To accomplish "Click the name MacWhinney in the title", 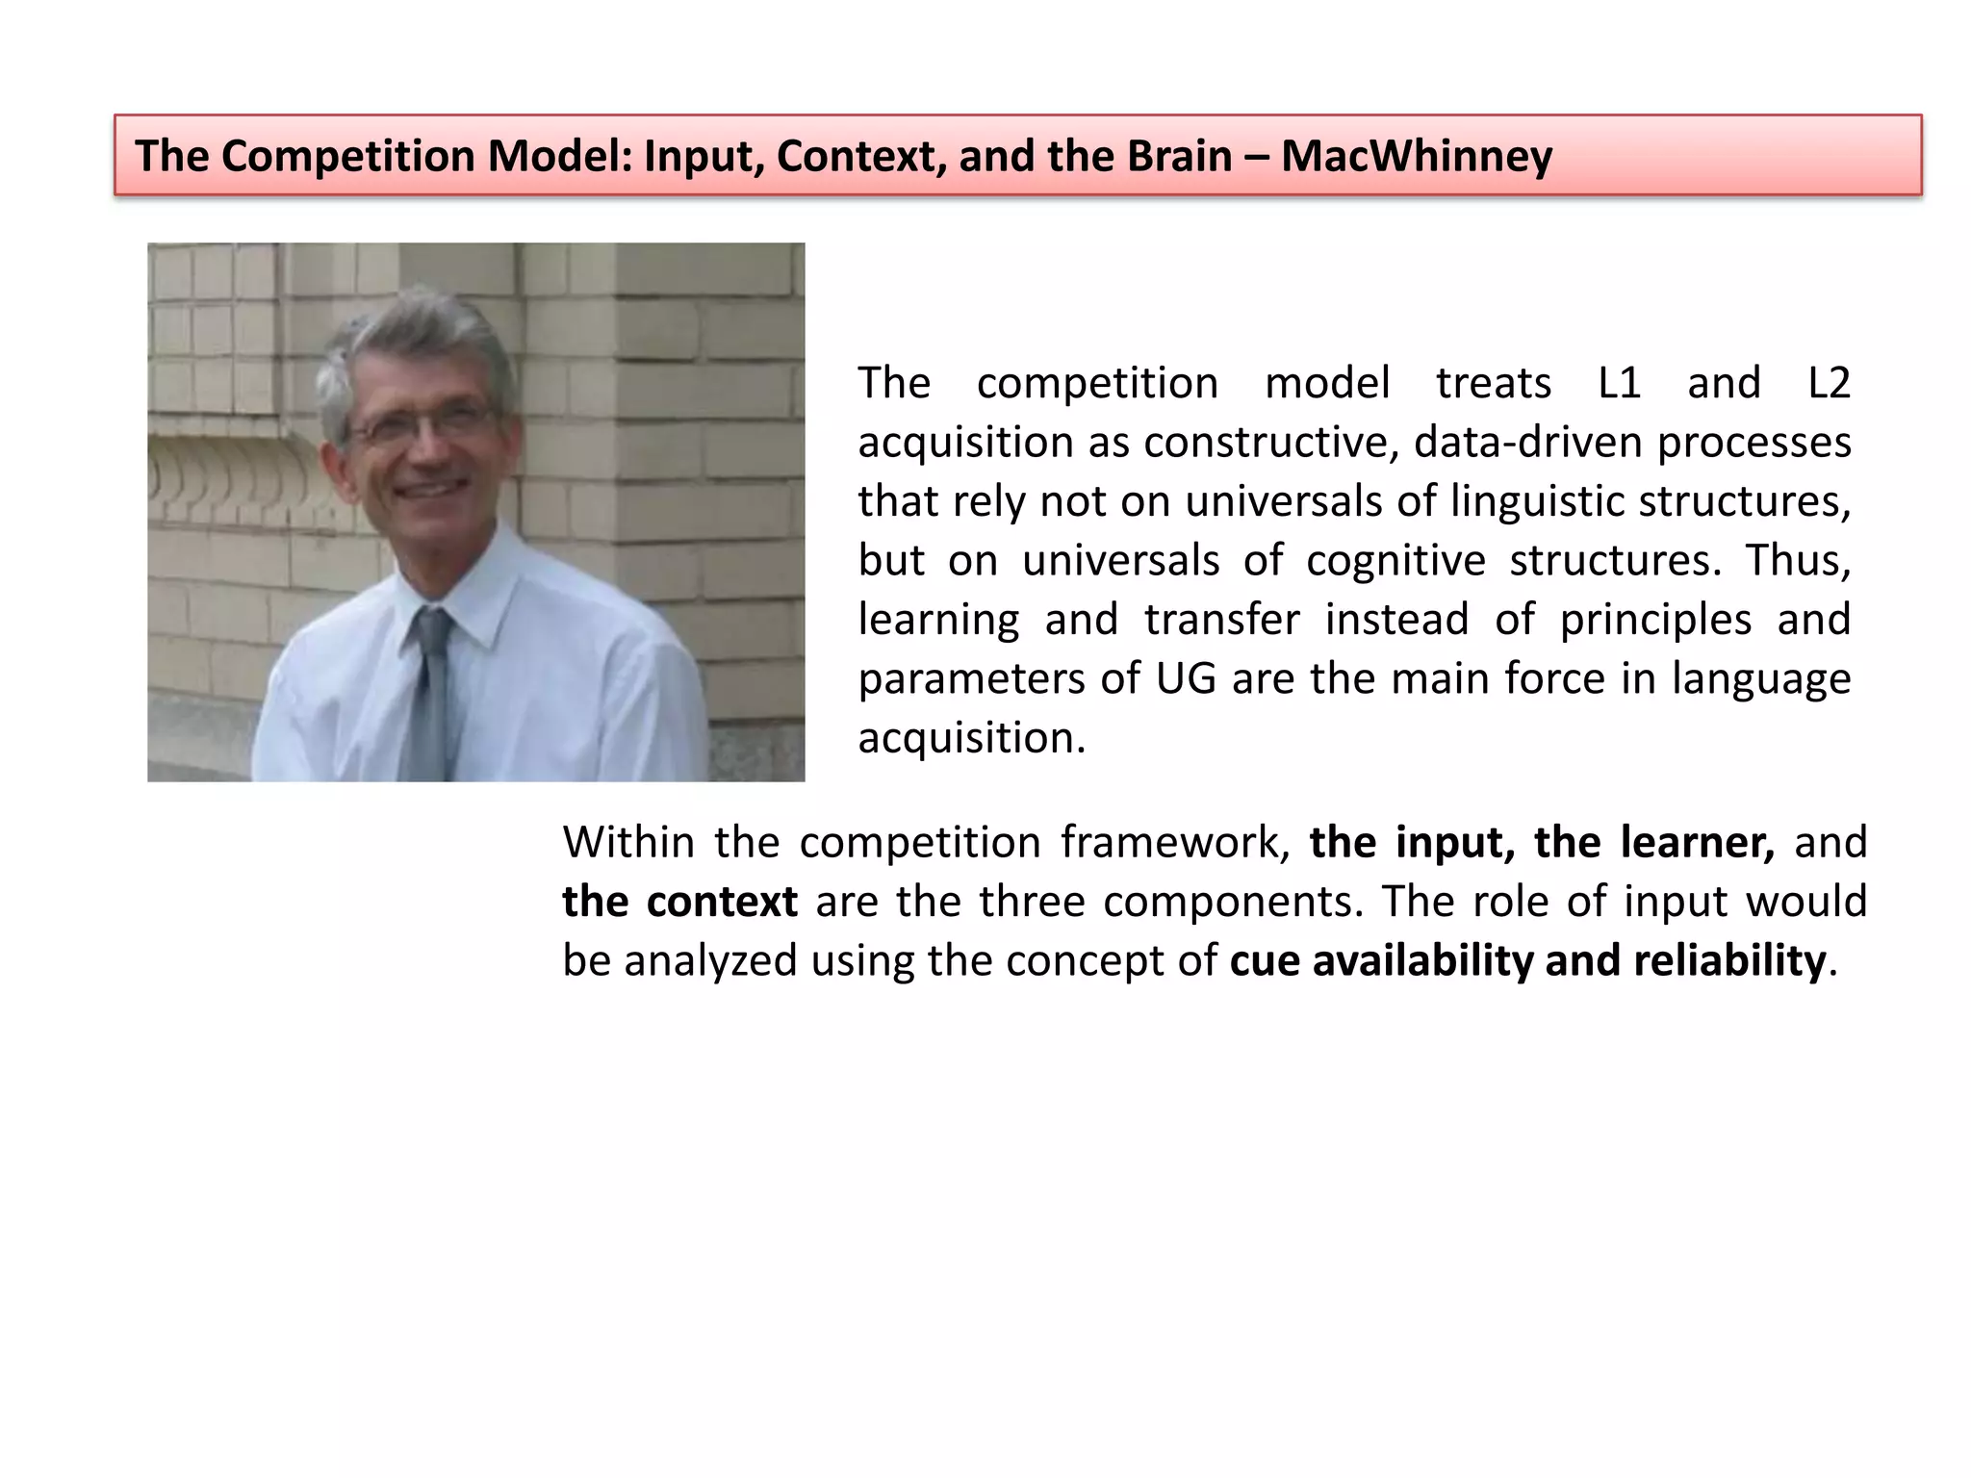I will coord(1417,157).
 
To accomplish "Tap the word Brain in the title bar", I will coord(1178,157).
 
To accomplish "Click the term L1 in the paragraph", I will coord(1620,383).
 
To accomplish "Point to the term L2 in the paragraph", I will coord(1829,383).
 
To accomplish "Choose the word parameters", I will coord(971,679).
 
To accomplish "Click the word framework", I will coord(1174,843).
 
